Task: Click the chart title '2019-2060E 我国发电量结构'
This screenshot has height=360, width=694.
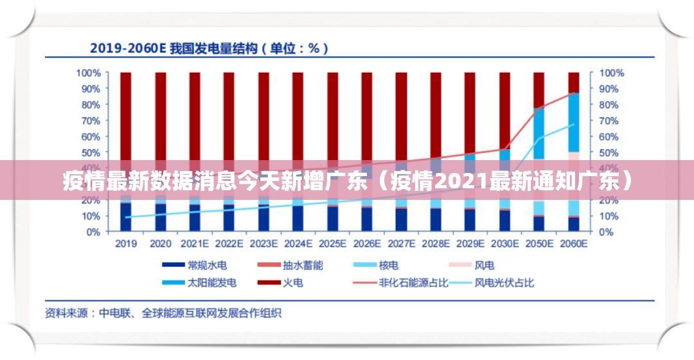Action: point(209,48)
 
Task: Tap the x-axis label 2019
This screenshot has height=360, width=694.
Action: point(126,244)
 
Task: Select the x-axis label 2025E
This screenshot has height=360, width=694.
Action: point(332,244)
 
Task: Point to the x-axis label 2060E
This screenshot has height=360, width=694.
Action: point(573,244)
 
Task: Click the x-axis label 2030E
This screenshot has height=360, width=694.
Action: point(504,244)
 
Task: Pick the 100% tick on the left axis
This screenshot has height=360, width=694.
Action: point(88,73)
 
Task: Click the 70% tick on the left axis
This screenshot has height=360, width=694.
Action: point(91,120)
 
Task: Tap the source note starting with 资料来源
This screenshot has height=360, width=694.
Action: point(163,314)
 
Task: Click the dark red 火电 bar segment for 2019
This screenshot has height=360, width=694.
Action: point(126,116)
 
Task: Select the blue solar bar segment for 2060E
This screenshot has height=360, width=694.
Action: point(573,122)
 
